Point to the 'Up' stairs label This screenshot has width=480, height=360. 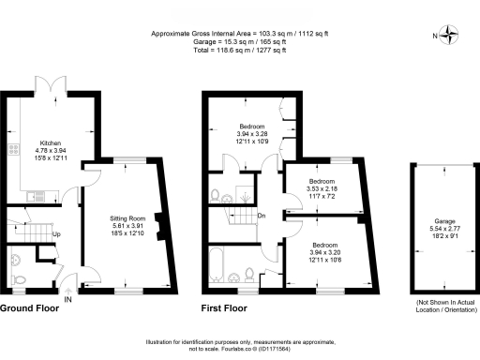[x=56, y=233]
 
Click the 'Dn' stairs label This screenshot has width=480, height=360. [x=262, y=215]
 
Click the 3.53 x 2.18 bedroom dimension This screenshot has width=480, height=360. [x=322, y=188]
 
